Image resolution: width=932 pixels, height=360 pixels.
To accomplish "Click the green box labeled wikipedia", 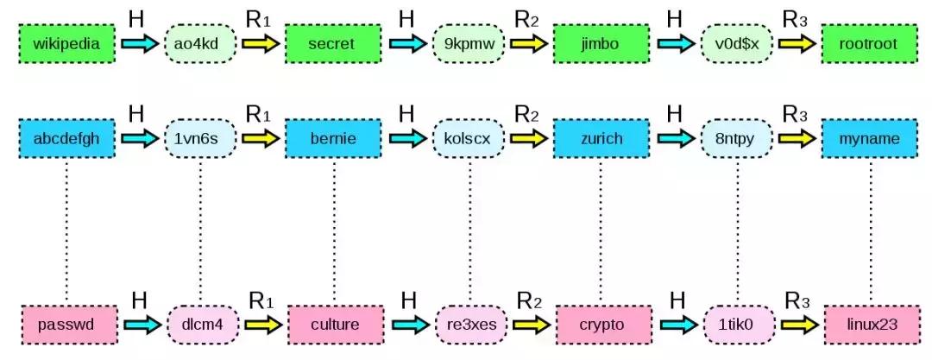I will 66,42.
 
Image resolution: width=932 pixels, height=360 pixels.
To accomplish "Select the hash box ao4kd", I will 200,42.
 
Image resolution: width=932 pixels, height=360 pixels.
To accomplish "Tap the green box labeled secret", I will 333,42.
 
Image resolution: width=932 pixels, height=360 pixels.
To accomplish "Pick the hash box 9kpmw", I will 469,42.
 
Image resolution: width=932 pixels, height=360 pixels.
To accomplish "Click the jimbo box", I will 601,42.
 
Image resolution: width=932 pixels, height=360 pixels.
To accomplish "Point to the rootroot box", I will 870,42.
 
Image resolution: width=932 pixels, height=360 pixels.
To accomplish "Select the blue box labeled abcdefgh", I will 66,138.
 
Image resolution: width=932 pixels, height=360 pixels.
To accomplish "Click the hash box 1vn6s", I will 200,138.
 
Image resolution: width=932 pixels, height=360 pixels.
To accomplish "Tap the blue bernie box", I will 333,138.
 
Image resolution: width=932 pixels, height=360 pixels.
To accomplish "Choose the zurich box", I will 601,138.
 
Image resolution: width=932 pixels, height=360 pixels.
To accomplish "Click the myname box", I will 870,138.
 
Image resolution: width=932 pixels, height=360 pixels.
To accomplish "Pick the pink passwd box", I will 66,325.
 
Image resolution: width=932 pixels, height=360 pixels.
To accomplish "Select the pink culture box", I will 333,325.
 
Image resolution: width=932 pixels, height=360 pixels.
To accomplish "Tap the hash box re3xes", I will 469,325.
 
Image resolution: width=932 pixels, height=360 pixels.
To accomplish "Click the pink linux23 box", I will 870,325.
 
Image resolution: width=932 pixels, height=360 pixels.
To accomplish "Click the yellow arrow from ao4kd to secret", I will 259,43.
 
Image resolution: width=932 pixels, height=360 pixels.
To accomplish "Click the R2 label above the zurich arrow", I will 526,114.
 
